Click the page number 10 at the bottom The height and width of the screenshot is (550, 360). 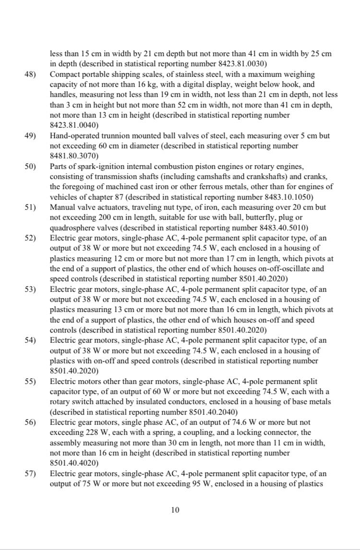coord(175,510)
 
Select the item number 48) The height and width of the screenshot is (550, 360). coord(30,75)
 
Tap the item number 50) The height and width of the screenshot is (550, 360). coord(30,167)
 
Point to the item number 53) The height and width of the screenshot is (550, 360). coord(30,289)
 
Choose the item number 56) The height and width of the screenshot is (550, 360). coord(30,423)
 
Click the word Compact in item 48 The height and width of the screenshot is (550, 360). coord(65,75)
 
